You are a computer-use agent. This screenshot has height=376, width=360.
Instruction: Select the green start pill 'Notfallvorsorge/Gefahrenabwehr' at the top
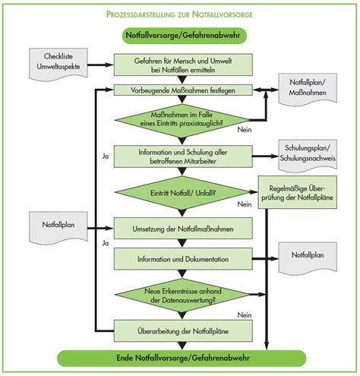click(x=183, y=35)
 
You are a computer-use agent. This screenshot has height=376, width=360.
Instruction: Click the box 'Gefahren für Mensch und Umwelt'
click(x=183, y=65)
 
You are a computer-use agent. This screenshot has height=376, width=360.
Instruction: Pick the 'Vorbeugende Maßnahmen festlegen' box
click(x=183, y=90)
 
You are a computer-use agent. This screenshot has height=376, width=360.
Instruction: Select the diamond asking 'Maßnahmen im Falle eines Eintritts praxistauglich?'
click(x=183, y=119)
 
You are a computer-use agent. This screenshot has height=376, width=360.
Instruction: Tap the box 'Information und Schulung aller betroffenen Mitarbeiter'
click(x=183, y=156)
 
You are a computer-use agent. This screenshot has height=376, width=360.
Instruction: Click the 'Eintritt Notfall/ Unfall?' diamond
click(x=183, y=193)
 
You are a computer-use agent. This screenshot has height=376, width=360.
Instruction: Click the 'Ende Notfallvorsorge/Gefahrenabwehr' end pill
click(x=183, y=357)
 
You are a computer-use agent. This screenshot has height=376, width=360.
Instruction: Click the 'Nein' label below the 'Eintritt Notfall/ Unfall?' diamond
click(x=244, y=204)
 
